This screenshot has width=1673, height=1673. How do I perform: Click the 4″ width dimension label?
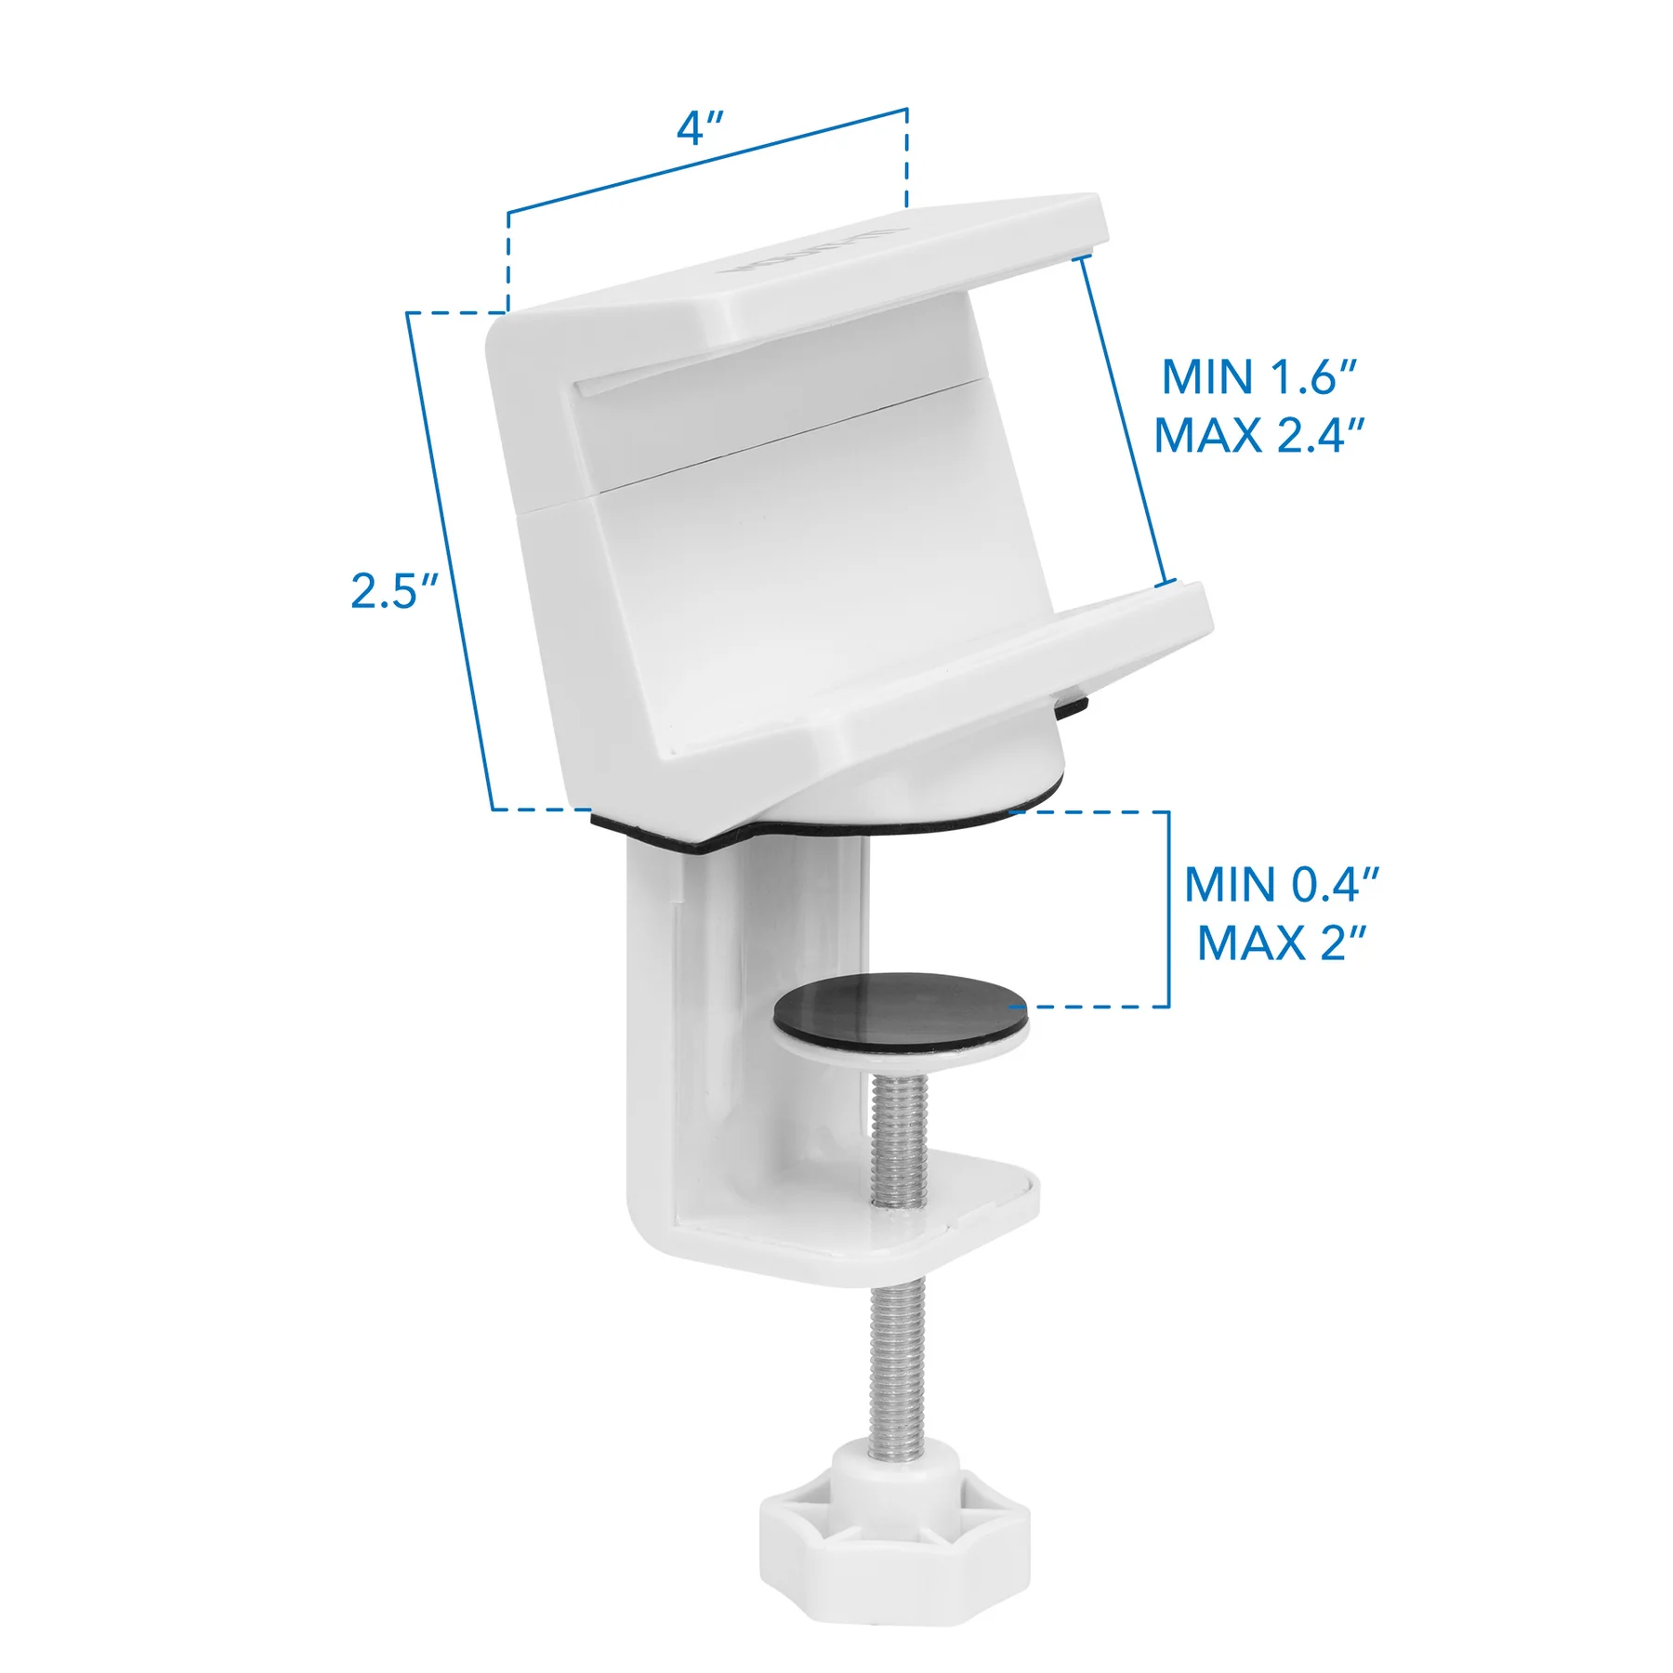click(700, 128)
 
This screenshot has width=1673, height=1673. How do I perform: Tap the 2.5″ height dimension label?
click(394, 591)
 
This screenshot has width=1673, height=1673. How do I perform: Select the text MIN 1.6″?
click(1259, 377)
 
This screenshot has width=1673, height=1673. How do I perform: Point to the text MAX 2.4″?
click(1259, 436)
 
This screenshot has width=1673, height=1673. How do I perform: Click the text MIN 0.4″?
click(1282, 885)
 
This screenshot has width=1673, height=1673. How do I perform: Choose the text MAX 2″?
click(1282, 943)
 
